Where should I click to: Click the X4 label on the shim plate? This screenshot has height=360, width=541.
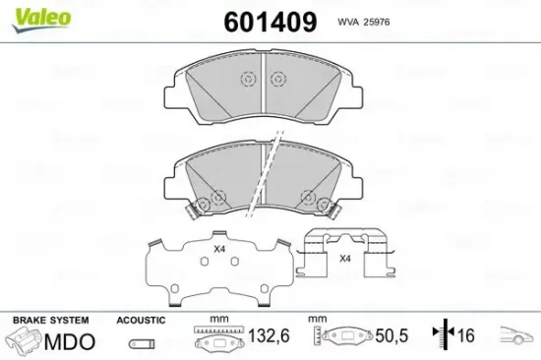pos(219,250)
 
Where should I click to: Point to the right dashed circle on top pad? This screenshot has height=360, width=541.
pos(280,82)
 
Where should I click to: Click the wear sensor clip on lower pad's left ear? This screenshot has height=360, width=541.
pos(188,209)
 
